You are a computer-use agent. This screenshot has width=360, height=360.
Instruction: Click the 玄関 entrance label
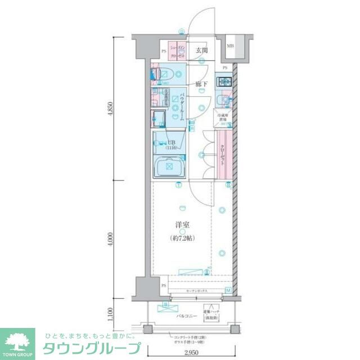pos(201,50)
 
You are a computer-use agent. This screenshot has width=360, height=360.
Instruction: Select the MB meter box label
pos(231,46)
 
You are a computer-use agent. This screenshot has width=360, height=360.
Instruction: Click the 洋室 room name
pos(181,225)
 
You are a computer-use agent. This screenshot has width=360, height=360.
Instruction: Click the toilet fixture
pos(165,74)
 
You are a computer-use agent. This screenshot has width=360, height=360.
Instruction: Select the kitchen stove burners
pos(225,81)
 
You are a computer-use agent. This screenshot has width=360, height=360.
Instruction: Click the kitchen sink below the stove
pos(225,100)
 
